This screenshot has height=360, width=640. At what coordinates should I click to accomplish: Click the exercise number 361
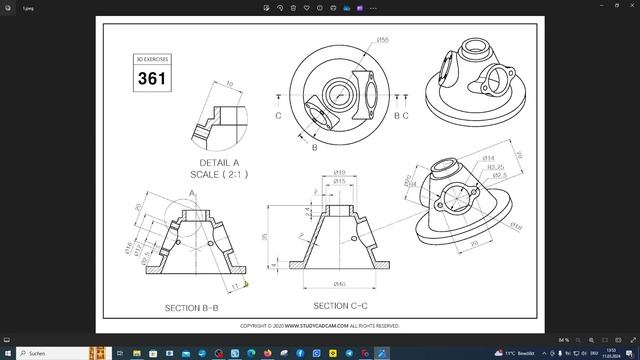click(153, 78)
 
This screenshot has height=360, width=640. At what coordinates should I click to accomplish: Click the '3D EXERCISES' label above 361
click(153, 60)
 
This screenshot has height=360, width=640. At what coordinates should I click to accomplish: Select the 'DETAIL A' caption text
click(219, 162)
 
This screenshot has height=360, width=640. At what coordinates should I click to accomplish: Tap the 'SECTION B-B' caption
click(192, 308)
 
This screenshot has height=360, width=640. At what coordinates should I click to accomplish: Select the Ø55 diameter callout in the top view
click(383, 40)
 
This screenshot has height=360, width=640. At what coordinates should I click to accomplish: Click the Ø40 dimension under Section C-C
click(340, 285)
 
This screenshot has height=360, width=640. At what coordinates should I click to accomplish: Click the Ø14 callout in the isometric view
click(489, 158)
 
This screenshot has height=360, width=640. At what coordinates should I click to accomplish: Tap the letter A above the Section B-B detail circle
click(192, 192)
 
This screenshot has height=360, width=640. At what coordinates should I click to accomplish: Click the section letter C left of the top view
click(278, 115)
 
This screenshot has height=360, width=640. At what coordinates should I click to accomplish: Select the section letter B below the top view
click(314, 147)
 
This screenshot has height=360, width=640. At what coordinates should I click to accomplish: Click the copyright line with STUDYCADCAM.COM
click(320, 325)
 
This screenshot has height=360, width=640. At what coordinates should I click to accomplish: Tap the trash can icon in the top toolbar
click(293, 7)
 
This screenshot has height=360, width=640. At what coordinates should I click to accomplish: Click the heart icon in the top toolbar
click(306, 7)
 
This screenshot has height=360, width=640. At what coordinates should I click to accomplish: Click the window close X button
click(628, 7)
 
